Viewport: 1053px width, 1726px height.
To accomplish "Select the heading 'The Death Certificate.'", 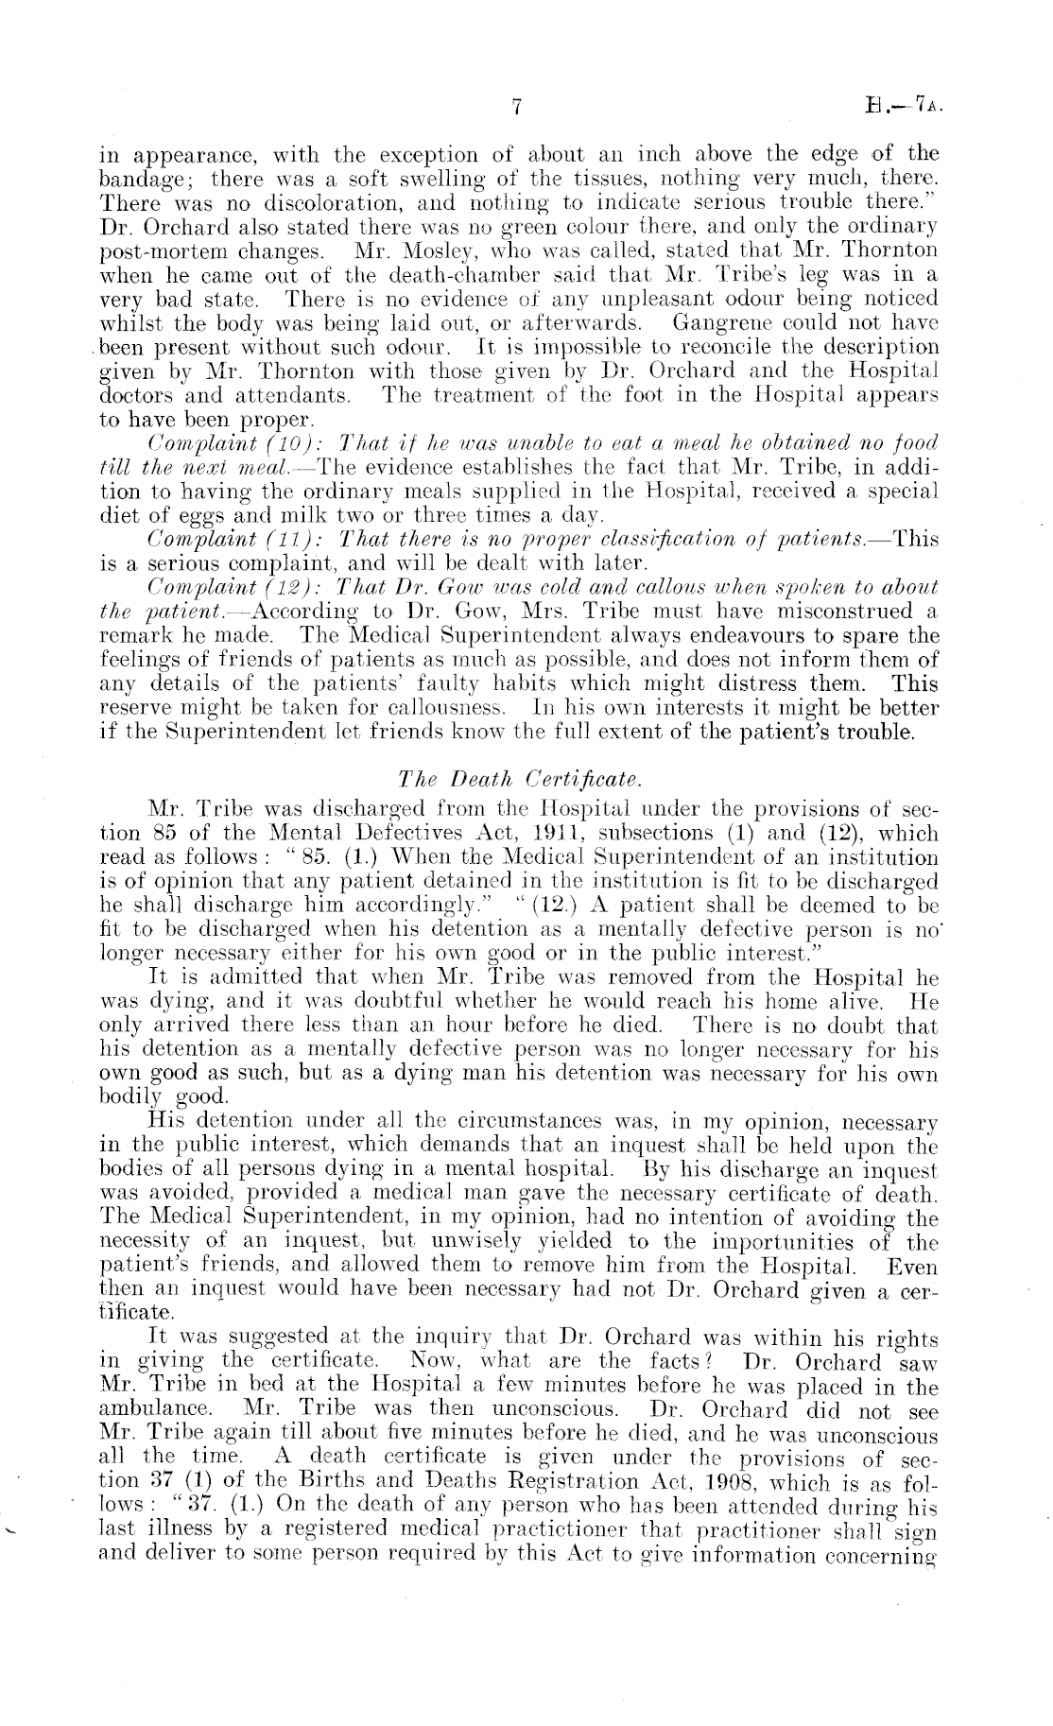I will pos(521,780).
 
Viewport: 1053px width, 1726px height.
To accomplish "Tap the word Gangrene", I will pos(727,323).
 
